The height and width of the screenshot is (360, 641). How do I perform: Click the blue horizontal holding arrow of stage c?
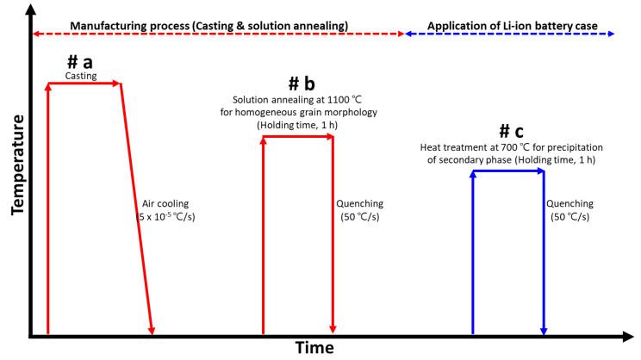coord(508,171)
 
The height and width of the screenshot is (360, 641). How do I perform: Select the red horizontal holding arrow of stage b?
coord(297,135)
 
